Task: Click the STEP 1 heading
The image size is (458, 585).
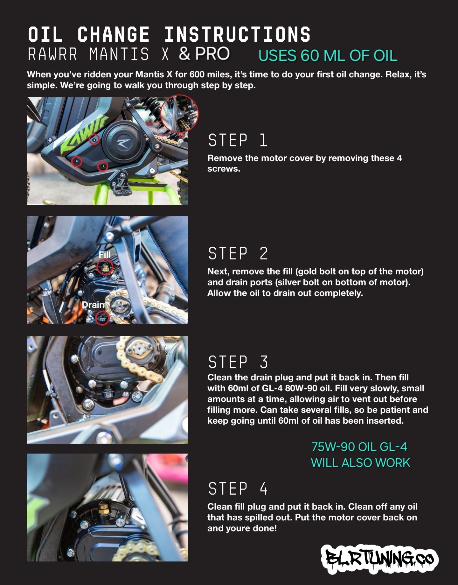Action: (238, 140)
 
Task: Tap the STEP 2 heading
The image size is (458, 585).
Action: (238, 254)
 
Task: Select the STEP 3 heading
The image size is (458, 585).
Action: (238, 362)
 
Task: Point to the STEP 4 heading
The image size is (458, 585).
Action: (238, 489)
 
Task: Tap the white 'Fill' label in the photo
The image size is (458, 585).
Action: (105, 255)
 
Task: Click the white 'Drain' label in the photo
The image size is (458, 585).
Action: (93, 305)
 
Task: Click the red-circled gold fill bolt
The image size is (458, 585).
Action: (105, 267)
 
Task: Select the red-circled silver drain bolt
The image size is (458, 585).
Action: (102, 317)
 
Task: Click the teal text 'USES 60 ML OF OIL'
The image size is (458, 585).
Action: (328, 56)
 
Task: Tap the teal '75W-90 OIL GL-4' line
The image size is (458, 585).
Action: (359, 447)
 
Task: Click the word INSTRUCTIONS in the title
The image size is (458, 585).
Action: (237, 34)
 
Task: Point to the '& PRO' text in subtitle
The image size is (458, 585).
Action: (204, 54)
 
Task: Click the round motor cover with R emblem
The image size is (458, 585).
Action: (122, 140)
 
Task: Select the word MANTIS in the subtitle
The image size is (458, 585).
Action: (119, 54)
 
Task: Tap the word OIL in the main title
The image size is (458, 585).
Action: (45, 34)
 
